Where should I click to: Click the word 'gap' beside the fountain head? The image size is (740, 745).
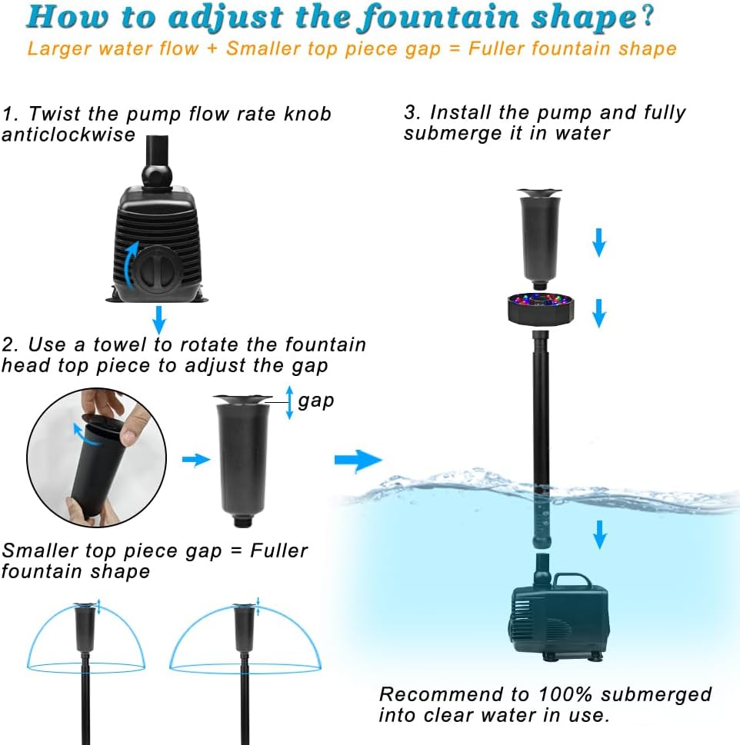(316, 401)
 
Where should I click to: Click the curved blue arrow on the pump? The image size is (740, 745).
(132, 262)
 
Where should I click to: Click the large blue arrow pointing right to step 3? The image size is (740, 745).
(358, 461)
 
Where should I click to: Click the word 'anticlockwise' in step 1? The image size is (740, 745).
(68, 135)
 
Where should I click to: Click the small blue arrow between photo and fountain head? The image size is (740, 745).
(196, 460)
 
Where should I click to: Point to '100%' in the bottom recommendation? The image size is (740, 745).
(567, 694)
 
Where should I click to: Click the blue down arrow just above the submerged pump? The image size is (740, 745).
(599, 532)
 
